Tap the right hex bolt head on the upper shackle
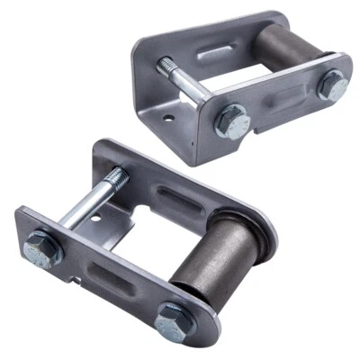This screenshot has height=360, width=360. pos(332,86)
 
